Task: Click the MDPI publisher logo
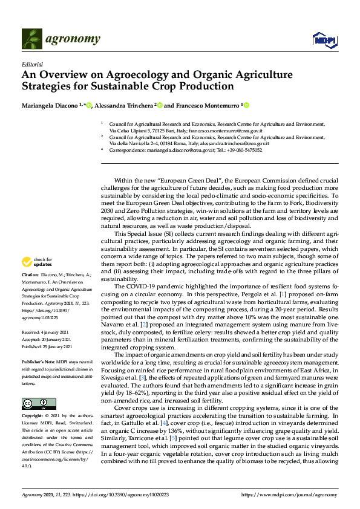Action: click(324, 41)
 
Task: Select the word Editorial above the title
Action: click(32, 63)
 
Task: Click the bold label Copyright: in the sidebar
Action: click(33, 417)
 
